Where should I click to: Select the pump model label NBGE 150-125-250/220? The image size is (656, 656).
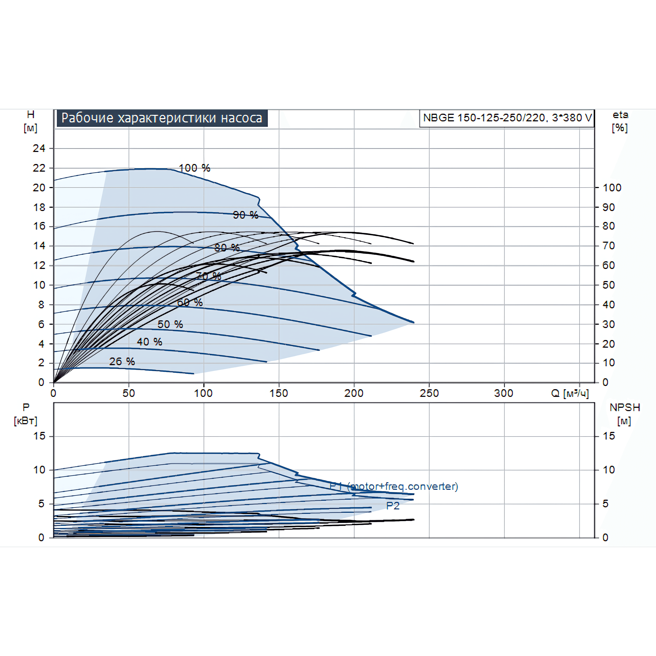pyautogui.click(x=507, y=118)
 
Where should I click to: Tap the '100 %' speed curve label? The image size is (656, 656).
pyautogui.click(x=194, y=168)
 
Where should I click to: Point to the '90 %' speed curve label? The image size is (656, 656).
pyautogui.click(x=245, y=215)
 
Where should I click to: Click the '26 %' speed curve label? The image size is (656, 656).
pyautogui.click(x=122, y=361)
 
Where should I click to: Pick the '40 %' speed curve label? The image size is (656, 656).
pyautogui.click(x=150, y=342)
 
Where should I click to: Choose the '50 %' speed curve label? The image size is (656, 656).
pyautogui.click(x=170, y=324)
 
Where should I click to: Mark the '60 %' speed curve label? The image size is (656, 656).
pyautogui.click(x=190, y=302)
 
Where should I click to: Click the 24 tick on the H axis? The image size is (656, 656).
pyautogui.click(x=39, y=148)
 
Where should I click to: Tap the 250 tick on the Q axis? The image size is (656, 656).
pyautogui.click(x=429, y=393)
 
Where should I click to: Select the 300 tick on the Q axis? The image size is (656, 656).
pyautogui.click(x=503, y=393)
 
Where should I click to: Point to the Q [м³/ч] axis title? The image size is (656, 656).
pyautogui.click(x=570, y=393)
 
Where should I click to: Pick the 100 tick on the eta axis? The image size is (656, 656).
pyautogui.click(x=612, y=188)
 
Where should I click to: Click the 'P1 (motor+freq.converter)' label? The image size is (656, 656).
pyautogui.click(x=394, y=486)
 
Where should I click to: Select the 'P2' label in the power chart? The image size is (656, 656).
pyautogui.click(x=393, y=506)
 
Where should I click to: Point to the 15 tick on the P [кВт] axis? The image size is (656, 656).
pyautogui.click(x=39, y=436)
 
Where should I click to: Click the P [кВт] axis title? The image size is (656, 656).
pyautogui.click(x=26, y=414)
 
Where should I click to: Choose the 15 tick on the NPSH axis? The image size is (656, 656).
pyautogui.click(x=609, y=436)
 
